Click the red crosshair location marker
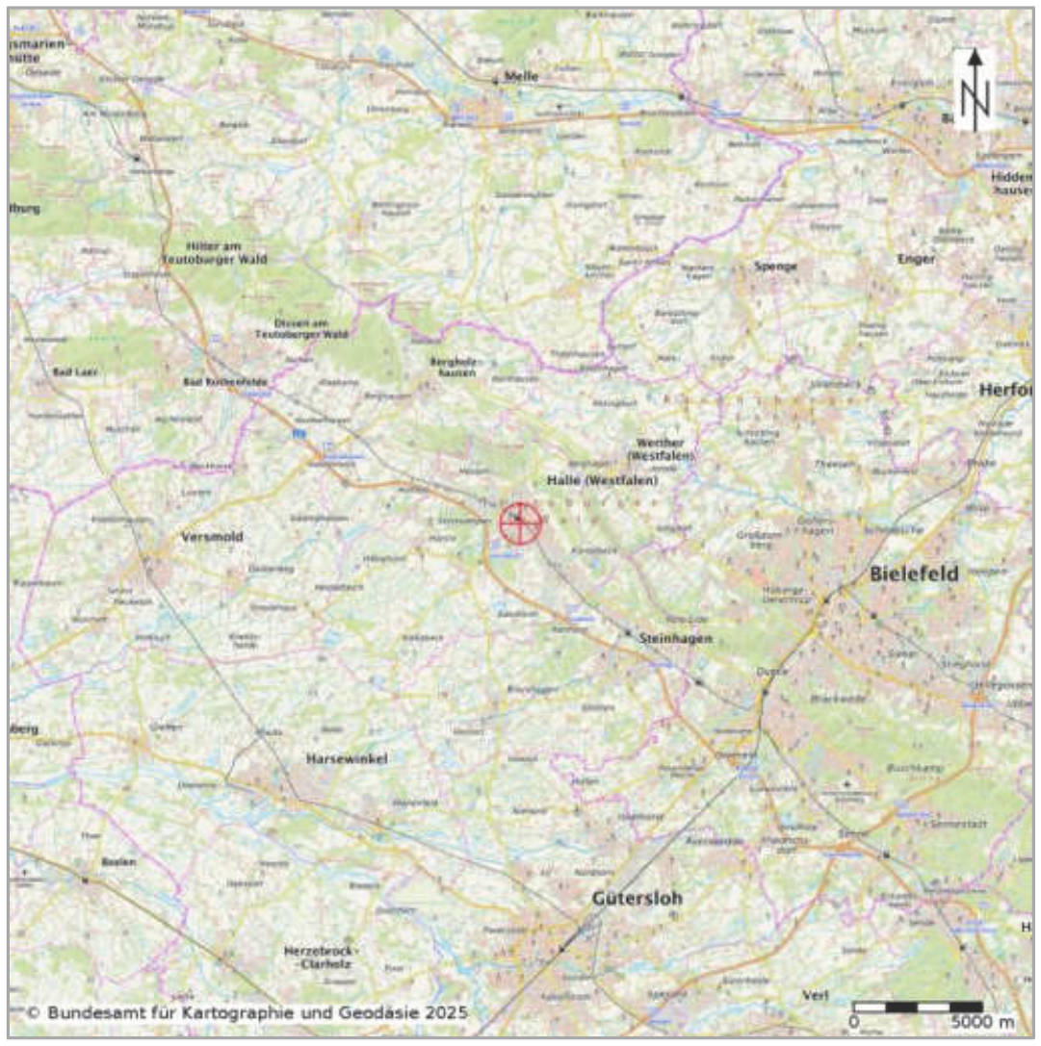pyautogui.click(x=520, y=523)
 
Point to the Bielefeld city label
pyautogui.click(x=914, y=574)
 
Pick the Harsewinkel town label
pyautogui.click(x=346, y=759)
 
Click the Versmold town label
pyautogui.click(x=212, y=537)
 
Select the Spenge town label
pyautogui.click(x=777, y=266)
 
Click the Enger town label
pyautogui.click(x=915, y=259)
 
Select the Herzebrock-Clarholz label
pyautogui.click(x=324, y=957)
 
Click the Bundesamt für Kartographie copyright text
pyautogui.click(x=247, y=1013)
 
